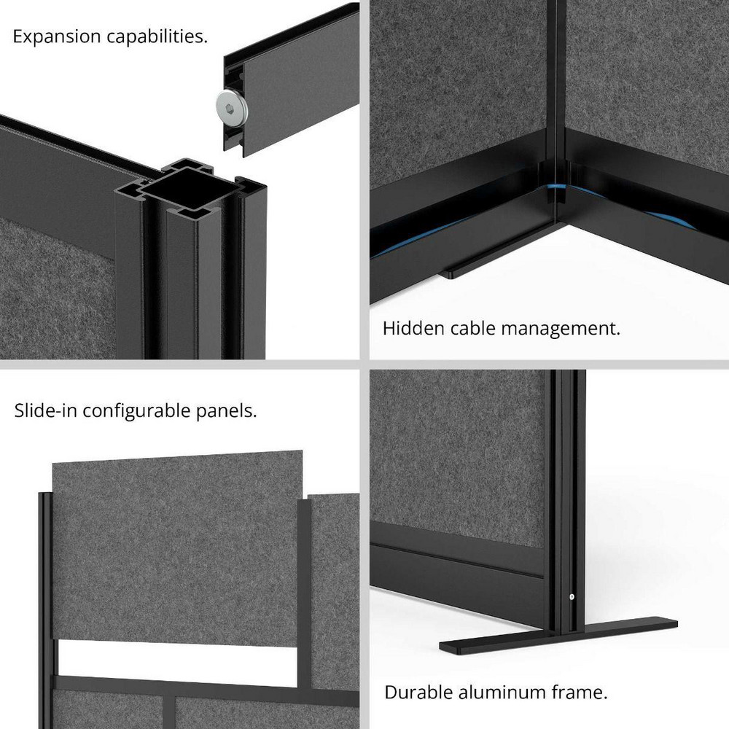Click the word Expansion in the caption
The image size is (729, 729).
pos(55,36)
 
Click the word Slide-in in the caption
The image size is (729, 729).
pos(45,410)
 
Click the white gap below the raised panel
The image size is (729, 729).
pos(175,657)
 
